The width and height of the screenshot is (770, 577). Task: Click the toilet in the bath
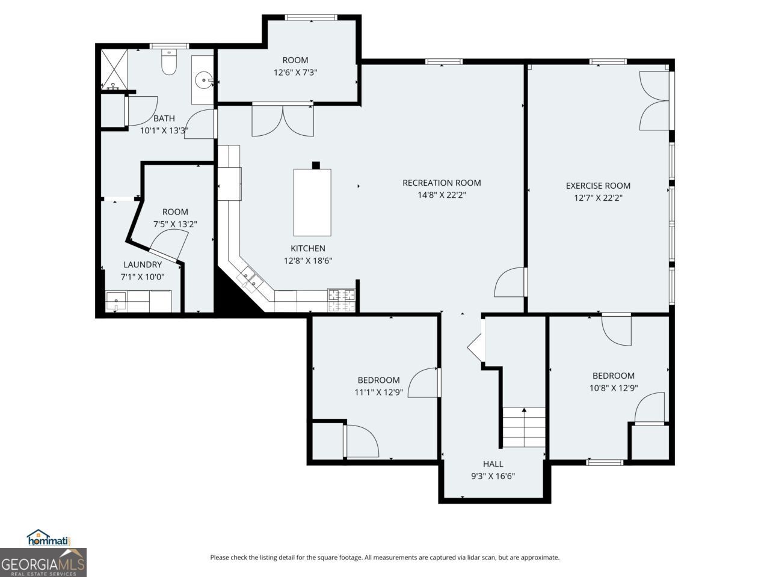click(x=169, y=63)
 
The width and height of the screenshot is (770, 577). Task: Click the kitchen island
click(x=312, y=203)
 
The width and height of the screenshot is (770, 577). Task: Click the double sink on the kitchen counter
click(x=250, y=279)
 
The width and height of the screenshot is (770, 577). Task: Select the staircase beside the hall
click(x=523, y=427)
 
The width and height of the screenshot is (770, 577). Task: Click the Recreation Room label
click(x=442, y=183)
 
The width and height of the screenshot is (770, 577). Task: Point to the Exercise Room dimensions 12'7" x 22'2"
click(x=597, y=198)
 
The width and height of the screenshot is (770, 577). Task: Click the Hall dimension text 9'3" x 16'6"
click(x=493, y=476)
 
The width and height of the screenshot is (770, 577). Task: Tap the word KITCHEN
click(x=308, y=248)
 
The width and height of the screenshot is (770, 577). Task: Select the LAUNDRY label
click(x=143, y=264)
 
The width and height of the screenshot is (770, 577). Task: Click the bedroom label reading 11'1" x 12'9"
click(x=378, y=392)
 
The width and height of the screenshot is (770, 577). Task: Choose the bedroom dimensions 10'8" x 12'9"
click(x=613, y=388)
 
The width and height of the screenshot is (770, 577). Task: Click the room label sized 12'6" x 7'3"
click(x=295, y=72)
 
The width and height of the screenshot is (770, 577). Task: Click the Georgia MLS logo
click(x=43, y=563)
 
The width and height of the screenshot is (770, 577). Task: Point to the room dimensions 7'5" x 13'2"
click(x=175, y=224)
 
